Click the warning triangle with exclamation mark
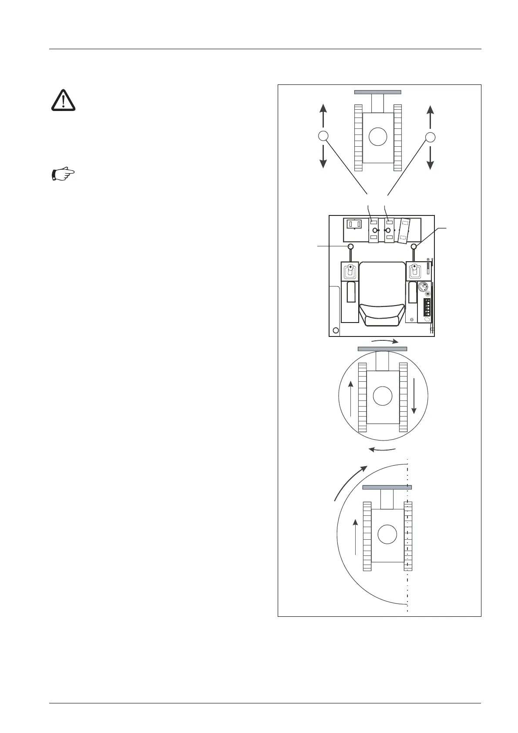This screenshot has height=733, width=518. click(x=64, y=100)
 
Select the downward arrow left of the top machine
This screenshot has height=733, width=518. click(x=323, y=157)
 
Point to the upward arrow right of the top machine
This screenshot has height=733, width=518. click(x=430, y=116)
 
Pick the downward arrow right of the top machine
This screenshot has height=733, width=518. click(x=430, y=158)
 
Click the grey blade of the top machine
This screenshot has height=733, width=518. click(x=377, y=92)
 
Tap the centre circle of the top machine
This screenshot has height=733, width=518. click(x=377, y=137)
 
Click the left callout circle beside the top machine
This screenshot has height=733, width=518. click(x=323, y=136)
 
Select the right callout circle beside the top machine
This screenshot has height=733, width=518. click(x=430, y=137)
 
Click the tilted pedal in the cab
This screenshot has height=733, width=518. click(x=405, y=230)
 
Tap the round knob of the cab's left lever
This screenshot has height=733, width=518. click(x=350, y=247)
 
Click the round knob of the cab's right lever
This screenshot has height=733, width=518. click(x=414, y=247)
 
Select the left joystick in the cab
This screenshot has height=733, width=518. click(x=350, y=272)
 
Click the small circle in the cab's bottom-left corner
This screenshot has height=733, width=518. click(x=336, y=330)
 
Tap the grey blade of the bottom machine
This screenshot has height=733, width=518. click(x=387, y=487)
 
